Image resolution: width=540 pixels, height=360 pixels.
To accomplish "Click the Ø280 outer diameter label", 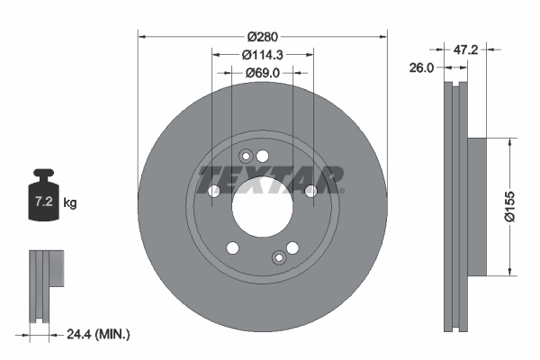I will point(262,37).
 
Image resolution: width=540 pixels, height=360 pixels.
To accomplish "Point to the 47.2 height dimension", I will point(465,50).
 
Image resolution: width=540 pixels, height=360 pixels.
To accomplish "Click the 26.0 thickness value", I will point(421,67).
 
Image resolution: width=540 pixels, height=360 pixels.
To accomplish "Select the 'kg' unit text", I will point(71,203).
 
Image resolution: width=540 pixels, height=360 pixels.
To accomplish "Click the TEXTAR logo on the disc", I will point(270,177).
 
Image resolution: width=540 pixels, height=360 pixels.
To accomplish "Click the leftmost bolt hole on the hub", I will point(214,191).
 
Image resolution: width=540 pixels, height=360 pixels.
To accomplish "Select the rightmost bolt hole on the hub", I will point(310,190).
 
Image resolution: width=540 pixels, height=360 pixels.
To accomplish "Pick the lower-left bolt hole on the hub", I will point(232,247).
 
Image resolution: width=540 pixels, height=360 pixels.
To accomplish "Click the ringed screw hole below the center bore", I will point(279,259).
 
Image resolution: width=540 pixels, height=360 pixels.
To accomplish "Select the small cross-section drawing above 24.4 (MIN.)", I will point(44,285).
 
